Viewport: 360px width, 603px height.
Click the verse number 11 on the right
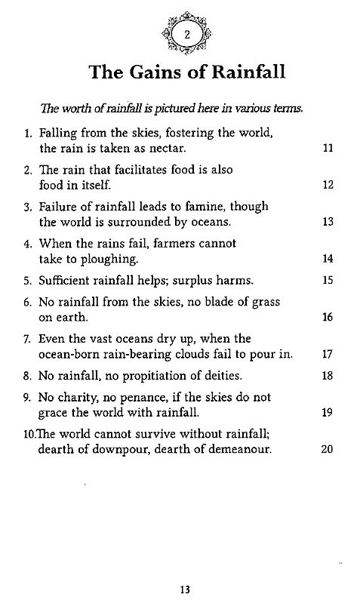[x=328, y=149]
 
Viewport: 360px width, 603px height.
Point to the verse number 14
[x=328, y=258]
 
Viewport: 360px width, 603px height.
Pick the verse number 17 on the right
[x=328, y=354]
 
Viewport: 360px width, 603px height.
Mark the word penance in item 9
[x=137, y=396]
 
